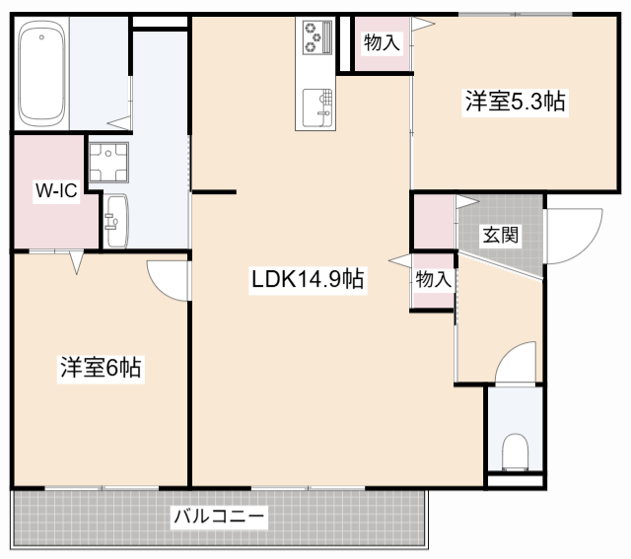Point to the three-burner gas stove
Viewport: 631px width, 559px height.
(316, 40)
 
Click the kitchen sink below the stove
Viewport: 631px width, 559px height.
(316, 105)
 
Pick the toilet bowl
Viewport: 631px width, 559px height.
(515, 454)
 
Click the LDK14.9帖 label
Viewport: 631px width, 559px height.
(308, 279)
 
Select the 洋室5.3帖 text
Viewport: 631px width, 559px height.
(516, 101)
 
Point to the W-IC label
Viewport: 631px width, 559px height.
(56, 191)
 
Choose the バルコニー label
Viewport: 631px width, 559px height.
(219, 516)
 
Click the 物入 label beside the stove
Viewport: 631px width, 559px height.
(382, 42)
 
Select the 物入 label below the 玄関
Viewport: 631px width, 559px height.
(433, 279)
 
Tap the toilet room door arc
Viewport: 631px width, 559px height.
(517, 362)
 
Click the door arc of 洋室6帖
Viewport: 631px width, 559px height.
(169, 279)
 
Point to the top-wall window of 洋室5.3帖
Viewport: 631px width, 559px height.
(515, 14)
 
